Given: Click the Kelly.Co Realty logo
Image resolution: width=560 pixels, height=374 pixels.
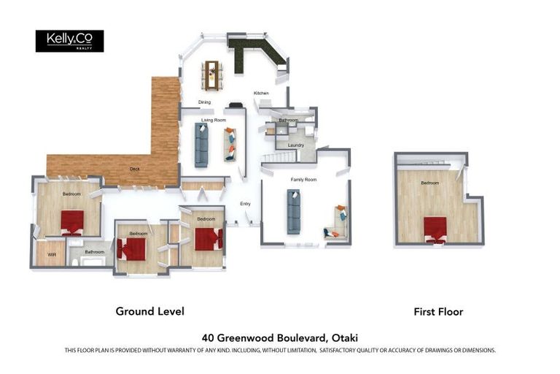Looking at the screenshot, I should pyautogui.click(x=69, y=41).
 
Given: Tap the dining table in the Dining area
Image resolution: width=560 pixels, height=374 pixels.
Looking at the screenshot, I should pyautogui.click(x=213, y=72).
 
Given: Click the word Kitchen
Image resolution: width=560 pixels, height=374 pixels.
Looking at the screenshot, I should pyautogui.click(x=261, y=93).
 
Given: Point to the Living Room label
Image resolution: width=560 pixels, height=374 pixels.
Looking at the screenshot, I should pyautogui.click(x=214, y=120).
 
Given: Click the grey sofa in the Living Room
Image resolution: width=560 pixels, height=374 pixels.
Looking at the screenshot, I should pyautogui.click(x=201, y=144).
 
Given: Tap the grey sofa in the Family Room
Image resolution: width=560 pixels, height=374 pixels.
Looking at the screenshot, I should pyautogui.click(x=294, y=211).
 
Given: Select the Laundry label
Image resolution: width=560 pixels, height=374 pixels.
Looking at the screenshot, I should pyautogui.click(x=295, y=145).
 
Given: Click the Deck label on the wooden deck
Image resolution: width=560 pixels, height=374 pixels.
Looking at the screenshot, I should pyautogui.click(x=134, y=169).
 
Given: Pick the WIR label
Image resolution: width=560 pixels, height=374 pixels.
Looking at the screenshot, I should pyautogui.click(x=52, y=254).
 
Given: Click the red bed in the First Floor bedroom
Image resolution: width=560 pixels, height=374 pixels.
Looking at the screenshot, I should pyautogui.click(x=435, y=228).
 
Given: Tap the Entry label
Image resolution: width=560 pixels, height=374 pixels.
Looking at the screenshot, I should pyautogui.click(x=245, y=204).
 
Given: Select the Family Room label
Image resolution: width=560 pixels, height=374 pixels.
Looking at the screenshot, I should pyautogui.click(x=304, y=179).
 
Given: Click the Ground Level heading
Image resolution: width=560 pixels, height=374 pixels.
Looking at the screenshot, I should pyautogui.click(x=149, y=311).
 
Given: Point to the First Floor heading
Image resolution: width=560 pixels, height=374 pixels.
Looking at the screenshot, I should pyautogui.click(x=438, y=312).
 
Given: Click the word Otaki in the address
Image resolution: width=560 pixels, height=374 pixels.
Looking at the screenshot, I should pyautogui.click(x=344, y=337).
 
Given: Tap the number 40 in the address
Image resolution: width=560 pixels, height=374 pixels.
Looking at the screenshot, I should pyautogui.click(x=208, y=337).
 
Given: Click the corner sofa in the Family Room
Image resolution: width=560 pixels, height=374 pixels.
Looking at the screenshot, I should pyautogui.click(x=338, y=223).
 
